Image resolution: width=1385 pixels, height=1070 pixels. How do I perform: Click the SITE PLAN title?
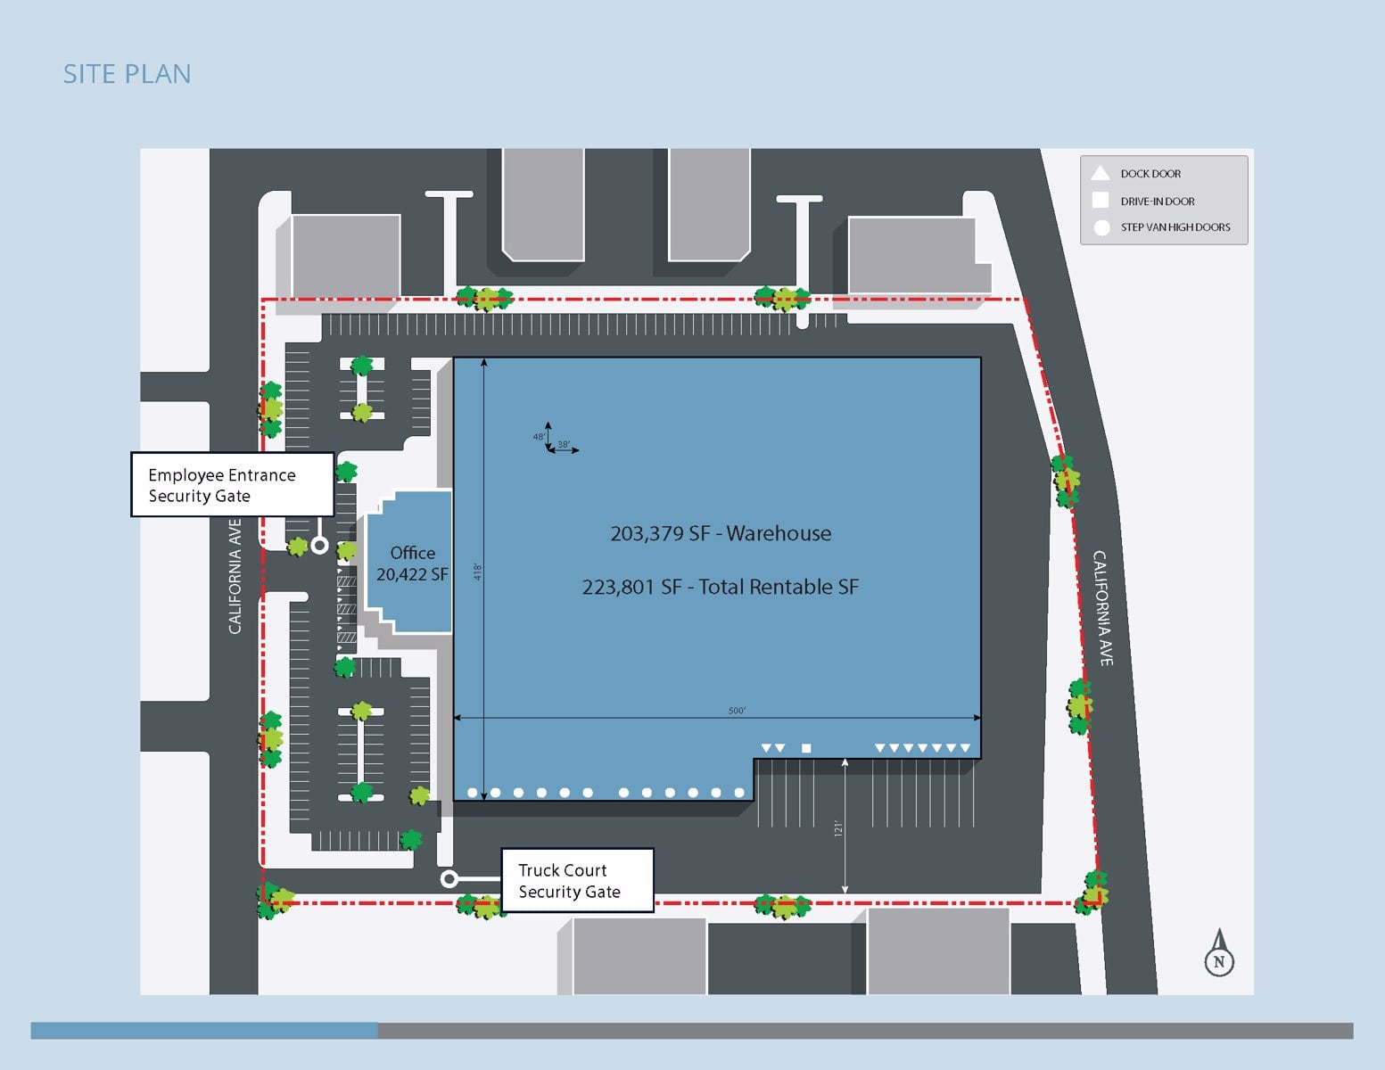tap(127, 74)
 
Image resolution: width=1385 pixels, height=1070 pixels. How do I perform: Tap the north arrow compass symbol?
tap(1219, 954)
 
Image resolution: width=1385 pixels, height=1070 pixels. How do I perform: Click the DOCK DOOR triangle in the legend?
tap(1101, 173)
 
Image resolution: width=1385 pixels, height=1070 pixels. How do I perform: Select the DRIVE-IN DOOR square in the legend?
tap(1101, 201)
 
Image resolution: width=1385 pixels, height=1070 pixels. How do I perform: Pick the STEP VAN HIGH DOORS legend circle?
tap(1101, 227)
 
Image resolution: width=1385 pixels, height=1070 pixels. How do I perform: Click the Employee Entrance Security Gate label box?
tap(232, 484)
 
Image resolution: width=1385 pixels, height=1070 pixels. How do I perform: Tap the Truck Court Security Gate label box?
tap(577, 880)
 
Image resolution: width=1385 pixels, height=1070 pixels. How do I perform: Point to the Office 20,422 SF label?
tap(412, 564)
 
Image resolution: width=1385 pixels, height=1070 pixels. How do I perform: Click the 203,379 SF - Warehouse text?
tap(721, 533)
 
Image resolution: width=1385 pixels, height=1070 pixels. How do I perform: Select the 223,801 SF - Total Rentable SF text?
tap(721, 587)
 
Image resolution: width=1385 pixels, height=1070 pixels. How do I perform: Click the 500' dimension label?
tap(737, 711)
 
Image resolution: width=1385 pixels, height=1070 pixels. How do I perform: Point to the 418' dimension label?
tap(478, 572)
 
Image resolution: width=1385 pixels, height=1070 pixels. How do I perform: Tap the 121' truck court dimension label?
tap(837, 828)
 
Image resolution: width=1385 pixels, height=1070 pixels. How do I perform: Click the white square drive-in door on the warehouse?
tap(806, 748)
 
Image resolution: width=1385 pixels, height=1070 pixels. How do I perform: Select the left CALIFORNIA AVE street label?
tap(235, 577)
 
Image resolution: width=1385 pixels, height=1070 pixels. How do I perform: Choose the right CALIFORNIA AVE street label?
tap(1103, 607)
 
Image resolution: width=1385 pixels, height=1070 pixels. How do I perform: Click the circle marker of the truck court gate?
tap(449, 879)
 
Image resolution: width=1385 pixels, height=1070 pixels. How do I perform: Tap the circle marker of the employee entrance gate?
tap(319, 545)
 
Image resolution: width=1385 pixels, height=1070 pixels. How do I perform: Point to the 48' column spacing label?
tap(538, 437)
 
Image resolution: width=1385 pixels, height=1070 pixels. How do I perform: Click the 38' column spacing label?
tap(564, 444)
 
